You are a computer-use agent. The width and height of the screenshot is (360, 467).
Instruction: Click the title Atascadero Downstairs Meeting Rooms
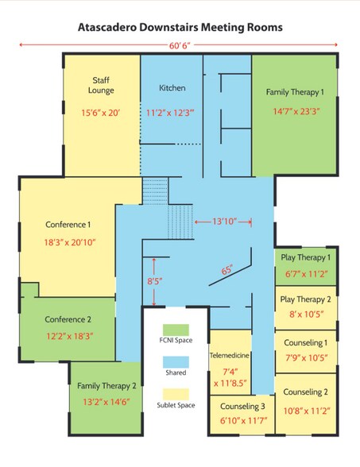click(x=180, y=27)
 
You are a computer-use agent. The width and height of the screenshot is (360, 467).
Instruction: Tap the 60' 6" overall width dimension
click(x=180, y=44)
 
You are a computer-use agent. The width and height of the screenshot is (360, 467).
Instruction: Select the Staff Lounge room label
click(x=100, y=85)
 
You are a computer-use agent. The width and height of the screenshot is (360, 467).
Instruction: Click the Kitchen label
click(x=172, y=87)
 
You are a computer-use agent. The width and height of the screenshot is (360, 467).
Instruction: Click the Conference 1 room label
click(x=68, y=224)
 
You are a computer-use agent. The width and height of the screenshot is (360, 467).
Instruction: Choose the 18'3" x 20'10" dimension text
click(x=70, y=242)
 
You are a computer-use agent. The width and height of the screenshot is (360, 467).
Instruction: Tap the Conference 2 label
click(x=68, y=319)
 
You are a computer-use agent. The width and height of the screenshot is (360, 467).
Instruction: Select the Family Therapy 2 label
click(x=107, y=385)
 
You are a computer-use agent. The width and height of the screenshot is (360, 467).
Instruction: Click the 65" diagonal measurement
click(x=227, y=271)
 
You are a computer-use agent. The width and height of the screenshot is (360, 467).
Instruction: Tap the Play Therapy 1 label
click(x=306, y=258)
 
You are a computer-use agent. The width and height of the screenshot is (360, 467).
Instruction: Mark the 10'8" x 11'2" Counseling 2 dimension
click(x=306, y=411)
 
